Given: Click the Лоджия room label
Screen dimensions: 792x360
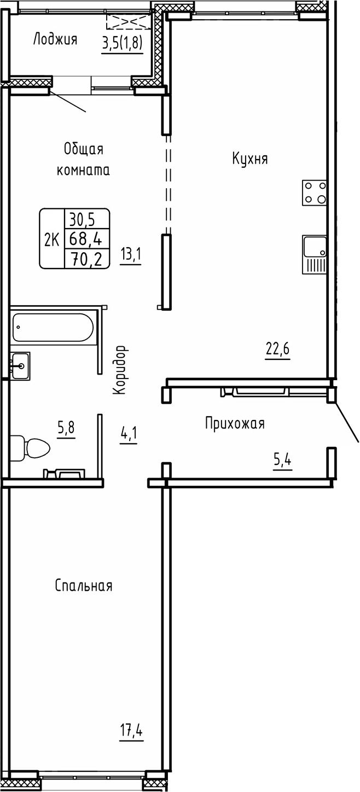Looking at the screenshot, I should (x=55, y=39).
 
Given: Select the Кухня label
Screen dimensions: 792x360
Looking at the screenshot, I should (x=249, y=159).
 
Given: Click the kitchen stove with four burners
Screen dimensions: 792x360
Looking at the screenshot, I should (x=315, y=193).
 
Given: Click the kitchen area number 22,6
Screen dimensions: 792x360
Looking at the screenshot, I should (x=277, y=349).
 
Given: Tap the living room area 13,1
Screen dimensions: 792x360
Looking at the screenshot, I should (x=131, y=255).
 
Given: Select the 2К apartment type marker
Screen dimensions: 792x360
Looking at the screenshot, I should (x=52, y=239).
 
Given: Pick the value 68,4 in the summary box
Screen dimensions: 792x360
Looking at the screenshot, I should (x=87, y=239).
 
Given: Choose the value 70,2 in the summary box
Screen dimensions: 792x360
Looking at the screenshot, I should (x=87, y=258).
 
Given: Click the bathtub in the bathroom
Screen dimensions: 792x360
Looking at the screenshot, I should (x=52, y=327).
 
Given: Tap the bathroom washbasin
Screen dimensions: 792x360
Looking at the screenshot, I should (x=20, y=365).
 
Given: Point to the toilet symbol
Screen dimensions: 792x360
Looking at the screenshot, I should (x=33, y=449).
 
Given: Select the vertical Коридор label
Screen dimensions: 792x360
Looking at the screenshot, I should (x=121, y=370).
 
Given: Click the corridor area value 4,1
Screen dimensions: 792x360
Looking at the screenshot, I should (x=128, y=436).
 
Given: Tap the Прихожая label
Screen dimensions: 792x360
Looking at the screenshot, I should (x=235, y=423).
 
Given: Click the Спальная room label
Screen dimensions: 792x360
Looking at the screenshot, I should (x=84, y=586).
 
